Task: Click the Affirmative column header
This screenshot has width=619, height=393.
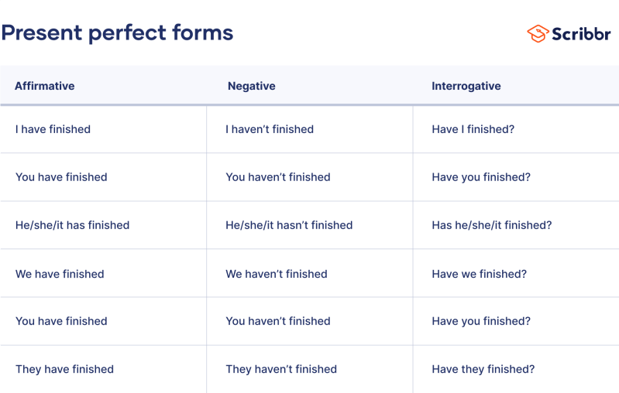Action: click(45, 86)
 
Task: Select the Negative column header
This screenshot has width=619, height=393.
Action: click(251, 86)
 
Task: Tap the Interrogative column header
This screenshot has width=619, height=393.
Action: click(466, 86)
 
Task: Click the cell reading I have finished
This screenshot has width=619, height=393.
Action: click(53, 129)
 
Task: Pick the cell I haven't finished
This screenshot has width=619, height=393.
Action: click(270, 129)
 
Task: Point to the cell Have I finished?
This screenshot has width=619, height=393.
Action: click(473, 129)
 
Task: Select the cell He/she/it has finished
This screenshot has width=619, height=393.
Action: click(72, 225)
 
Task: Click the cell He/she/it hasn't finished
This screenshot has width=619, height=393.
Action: click(289, 225)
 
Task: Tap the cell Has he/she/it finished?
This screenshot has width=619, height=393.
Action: click(492, 225)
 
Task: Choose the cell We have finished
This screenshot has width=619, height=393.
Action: click(60, 274)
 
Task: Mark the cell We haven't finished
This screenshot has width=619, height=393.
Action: click(277, 274)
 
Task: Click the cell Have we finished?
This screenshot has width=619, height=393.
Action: click(479, 274)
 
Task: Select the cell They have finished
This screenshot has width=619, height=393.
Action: click(64, 369)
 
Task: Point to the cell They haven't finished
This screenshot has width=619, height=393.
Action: click(281, 369)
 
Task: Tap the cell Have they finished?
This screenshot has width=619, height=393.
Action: click(483, 369)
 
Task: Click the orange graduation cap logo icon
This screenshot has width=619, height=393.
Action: click(538, 33)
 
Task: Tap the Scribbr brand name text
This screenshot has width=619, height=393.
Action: click(581, 33)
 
